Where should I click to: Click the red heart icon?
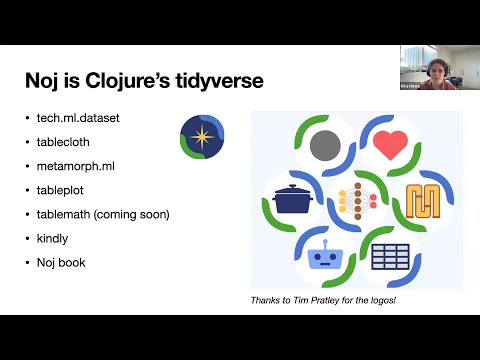(391, 147)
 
